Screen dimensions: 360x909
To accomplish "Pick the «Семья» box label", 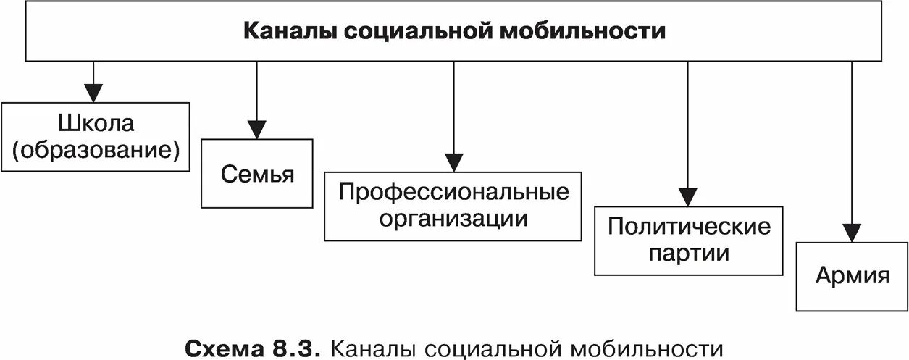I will [257, 175].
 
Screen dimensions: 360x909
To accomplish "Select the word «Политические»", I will [689, 227].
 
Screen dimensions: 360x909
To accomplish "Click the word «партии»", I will [689, 254].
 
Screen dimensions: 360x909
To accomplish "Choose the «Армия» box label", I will [852, 276].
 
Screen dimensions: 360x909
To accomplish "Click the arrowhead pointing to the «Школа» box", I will [93, 93].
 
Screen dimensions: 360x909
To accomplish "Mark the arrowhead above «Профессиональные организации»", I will [454, 162].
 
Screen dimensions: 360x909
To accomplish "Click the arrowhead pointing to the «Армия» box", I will [852, 233].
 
